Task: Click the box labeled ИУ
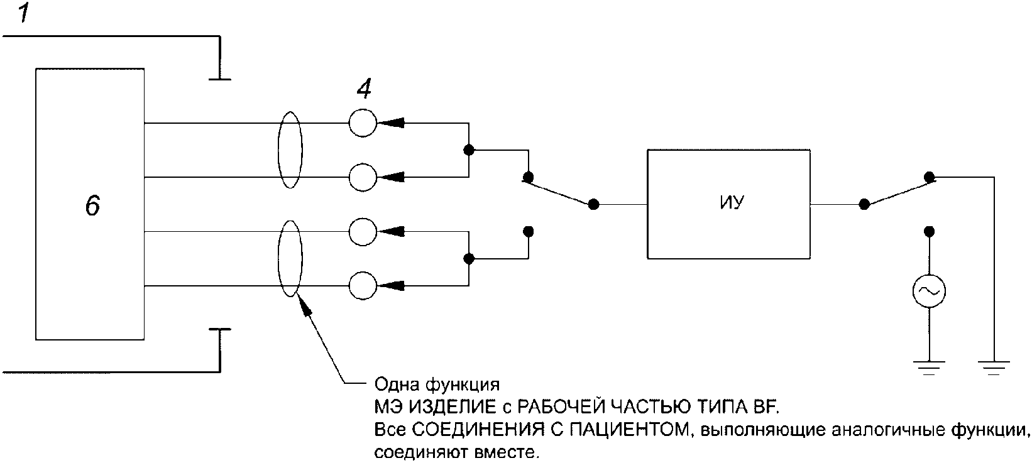tap(728, 204)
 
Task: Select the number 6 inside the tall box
tap(92, 206)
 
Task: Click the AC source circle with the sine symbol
tap(929, 291)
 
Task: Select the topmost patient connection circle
tap(362, 123)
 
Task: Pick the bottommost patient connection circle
tap(362, 286)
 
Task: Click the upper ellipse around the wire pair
tap(290, 150)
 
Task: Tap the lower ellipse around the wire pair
tap(290, 259)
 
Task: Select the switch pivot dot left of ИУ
tap(593, 204)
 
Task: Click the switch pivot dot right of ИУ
tap(864, 204)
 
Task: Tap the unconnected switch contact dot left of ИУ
tap(529, 231)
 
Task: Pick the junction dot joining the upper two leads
tap(468, 150)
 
